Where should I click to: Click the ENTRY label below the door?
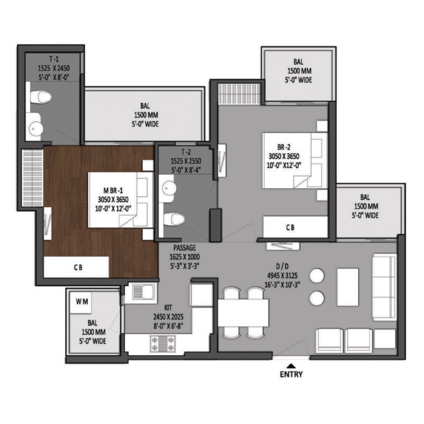tap(291, 374)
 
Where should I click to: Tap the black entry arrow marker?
tap(291, 366)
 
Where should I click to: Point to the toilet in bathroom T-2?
tap(174, 219)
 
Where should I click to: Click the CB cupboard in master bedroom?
tap(76, 267)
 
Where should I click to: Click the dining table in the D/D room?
tap(243, 313)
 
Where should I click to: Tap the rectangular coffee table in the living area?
tap(348, 287)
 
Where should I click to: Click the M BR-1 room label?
tap(113, 190)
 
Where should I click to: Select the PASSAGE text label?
tap(185, 248)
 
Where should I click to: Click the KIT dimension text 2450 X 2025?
tap(168, 317)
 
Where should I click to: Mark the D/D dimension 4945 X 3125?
tap(282, 275)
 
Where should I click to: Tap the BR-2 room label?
tap(284, 147)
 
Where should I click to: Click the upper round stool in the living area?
tap(317, 276)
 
